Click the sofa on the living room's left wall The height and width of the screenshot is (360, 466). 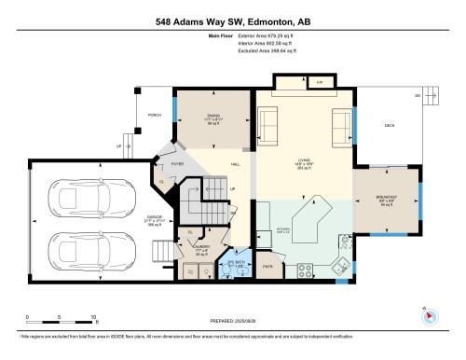tap(267, 121)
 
